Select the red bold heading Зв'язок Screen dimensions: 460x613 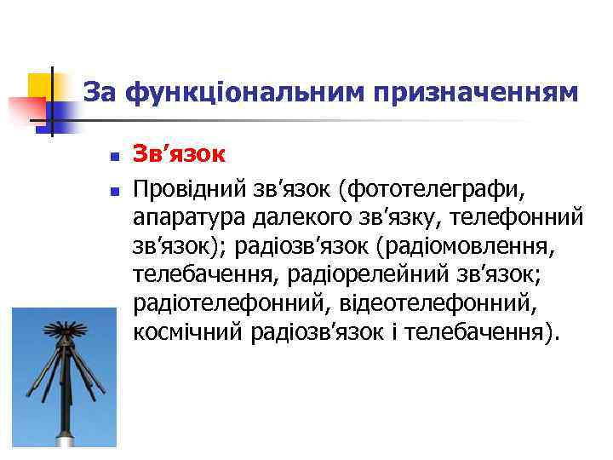pyautogui.click(x=179, y=154)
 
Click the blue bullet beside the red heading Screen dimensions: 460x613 pyautogui.click(x=112, y=158)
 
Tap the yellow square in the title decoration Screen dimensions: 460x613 pyautogui.click(x=40, y=85)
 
